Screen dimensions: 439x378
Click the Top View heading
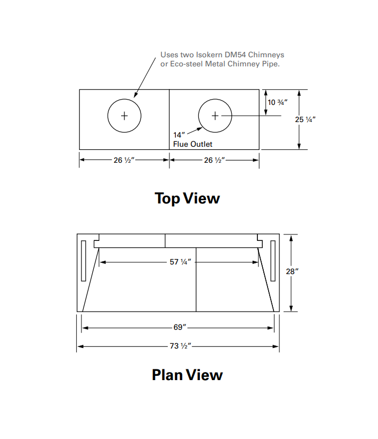click(x=187, y=198)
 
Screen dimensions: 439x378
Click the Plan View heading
click(x=187, y=374)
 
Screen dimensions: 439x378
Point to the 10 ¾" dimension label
click(x=278, y=102)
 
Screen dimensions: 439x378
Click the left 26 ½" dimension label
click(x=124, y=160)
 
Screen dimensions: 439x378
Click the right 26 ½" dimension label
click(x=214, y=160)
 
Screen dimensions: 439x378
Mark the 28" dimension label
click(x=292, y=271)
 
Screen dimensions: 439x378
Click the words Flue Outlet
click(x=192, y=144)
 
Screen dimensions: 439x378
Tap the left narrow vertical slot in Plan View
click(x=83, y=261)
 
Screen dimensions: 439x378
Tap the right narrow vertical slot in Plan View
click(x=272, y=261)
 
